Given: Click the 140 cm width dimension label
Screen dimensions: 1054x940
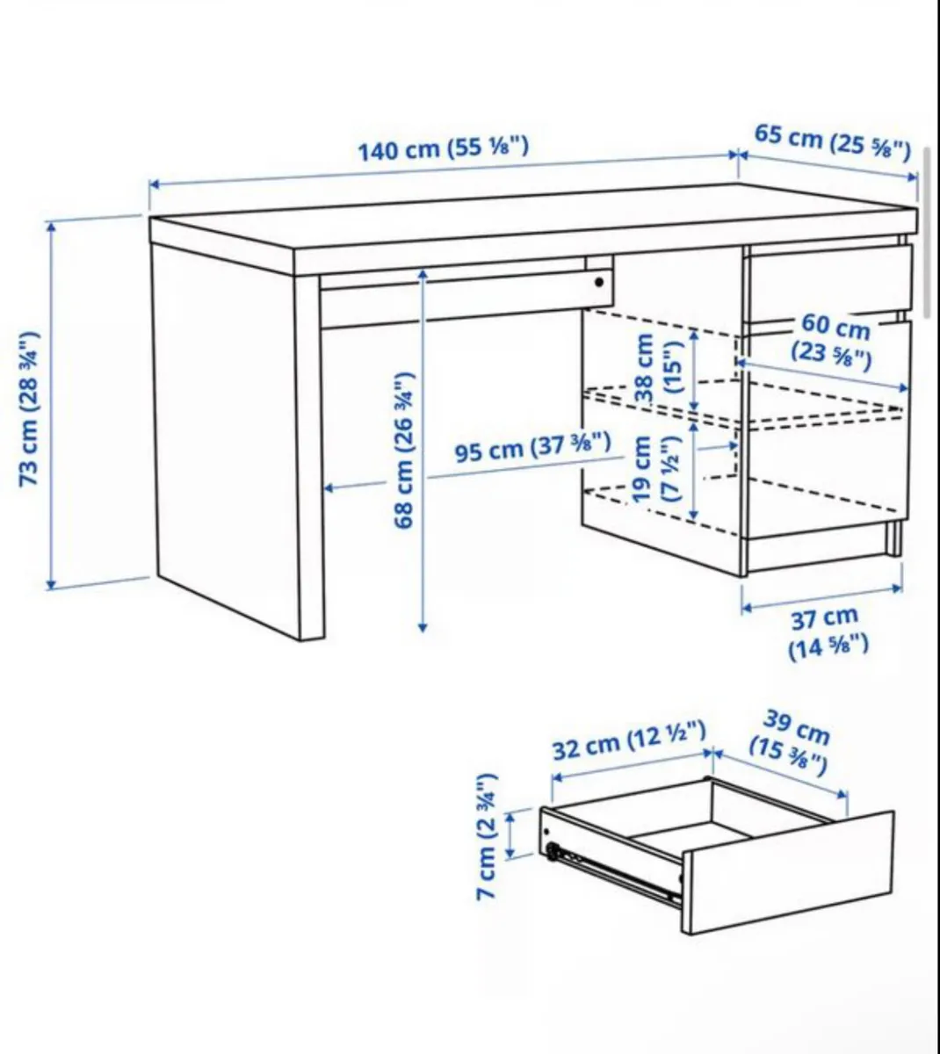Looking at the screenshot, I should point(444,148).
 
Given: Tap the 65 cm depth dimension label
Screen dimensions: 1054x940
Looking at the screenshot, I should point(832,143).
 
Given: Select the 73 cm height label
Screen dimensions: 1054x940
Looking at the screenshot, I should point(30,408).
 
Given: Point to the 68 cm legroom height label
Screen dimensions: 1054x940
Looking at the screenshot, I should point(404,450).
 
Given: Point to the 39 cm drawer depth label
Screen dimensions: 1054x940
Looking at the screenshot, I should point(791,743).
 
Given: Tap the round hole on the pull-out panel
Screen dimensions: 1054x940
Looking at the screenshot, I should point(599,283).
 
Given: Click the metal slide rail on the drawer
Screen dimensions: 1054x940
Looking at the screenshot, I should point(615,875).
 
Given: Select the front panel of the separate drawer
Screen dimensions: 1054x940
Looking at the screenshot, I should point(786,870).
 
